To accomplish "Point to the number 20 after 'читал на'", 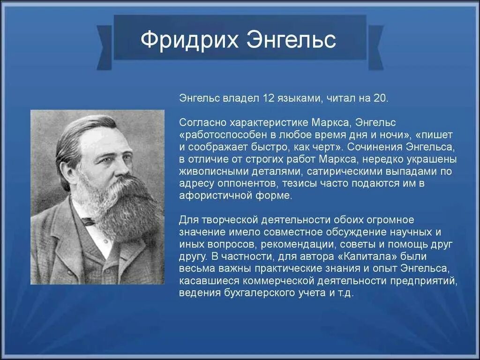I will (x=380, y=98).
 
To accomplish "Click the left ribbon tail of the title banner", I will (x=104, y=47).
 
